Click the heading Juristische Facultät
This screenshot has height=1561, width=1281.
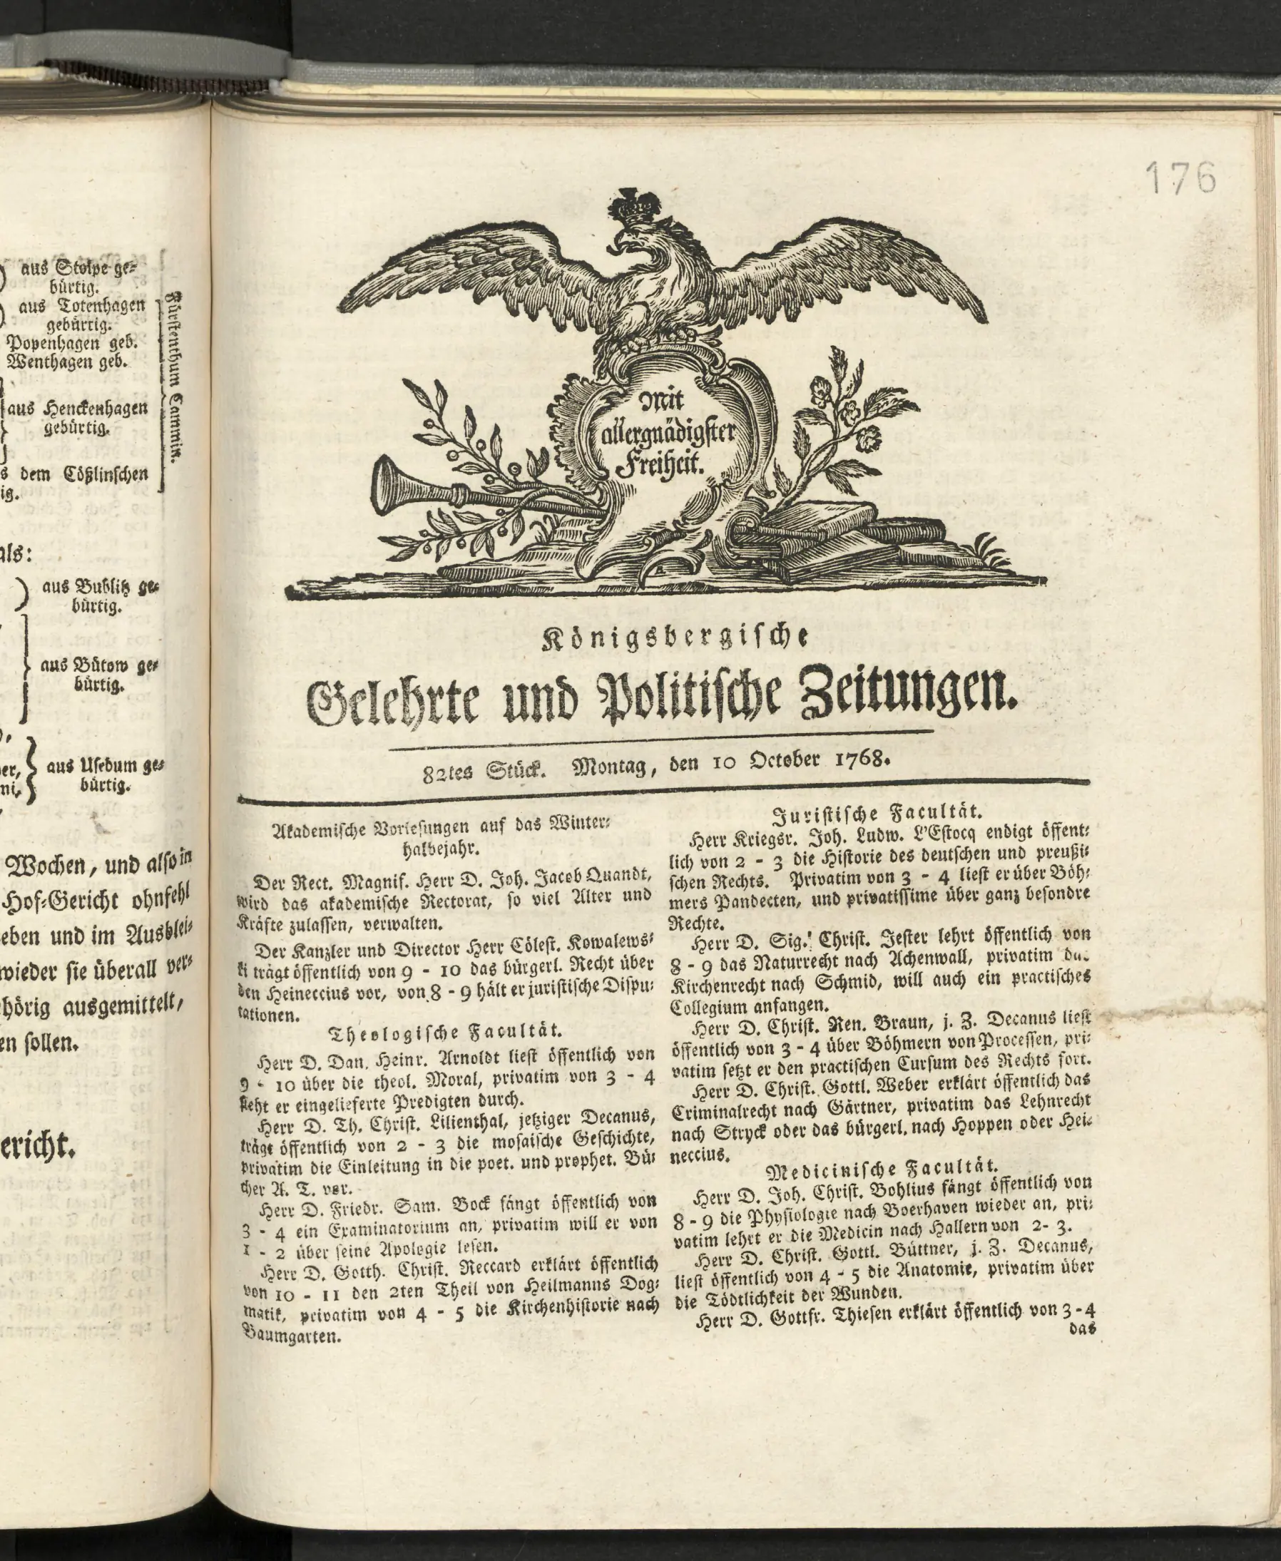(878, 814)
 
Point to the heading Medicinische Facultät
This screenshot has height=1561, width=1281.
(882, 1169)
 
